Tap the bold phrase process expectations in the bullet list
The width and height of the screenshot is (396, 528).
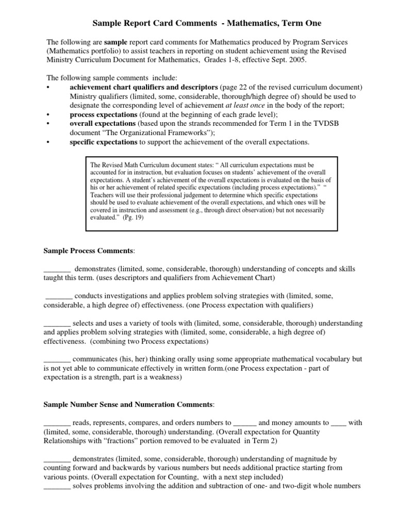coord(103,114)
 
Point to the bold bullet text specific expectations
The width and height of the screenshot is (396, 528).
coord(103,142)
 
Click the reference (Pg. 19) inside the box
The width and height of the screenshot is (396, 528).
coord(133,218)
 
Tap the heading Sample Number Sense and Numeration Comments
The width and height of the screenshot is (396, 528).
coord(128,404)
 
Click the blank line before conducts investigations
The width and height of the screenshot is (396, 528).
coord(59,296)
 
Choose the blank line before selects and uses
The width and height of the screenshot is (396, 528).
coord(57,323)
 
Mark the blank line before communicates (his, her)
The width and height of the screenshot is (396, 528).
coord(57,359)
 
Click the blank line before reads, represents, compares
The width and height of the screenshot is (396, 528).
coord(57,422)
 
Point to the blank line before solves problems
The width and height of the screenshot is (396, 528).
coord(57,486)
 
